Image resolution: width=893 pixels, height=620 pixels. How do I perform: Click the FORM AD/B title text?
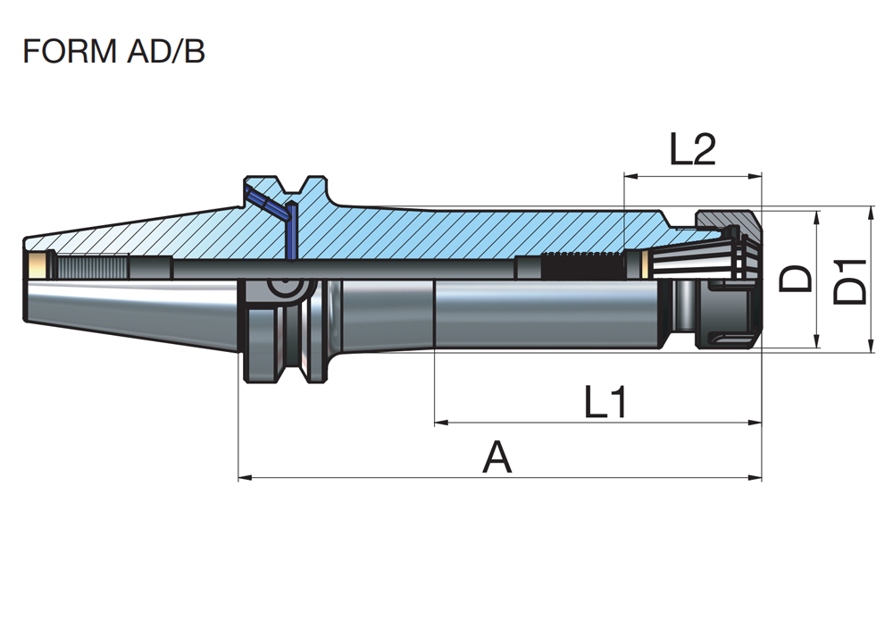113,51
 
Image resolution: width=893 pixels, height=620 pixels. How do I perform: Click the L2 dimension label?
692,151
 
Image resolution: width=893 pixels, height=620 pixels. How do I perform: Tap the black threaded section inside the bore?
581,265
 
